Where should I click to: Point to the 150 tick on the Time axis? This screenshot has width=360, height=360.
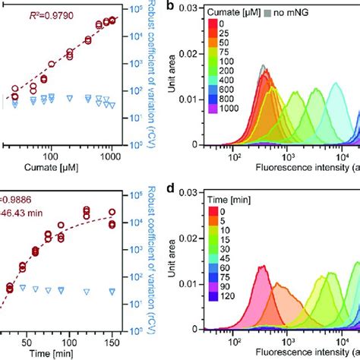pos(113,341)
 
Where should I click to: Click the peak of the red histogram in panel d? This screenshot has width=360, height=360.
pos(263,267)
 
